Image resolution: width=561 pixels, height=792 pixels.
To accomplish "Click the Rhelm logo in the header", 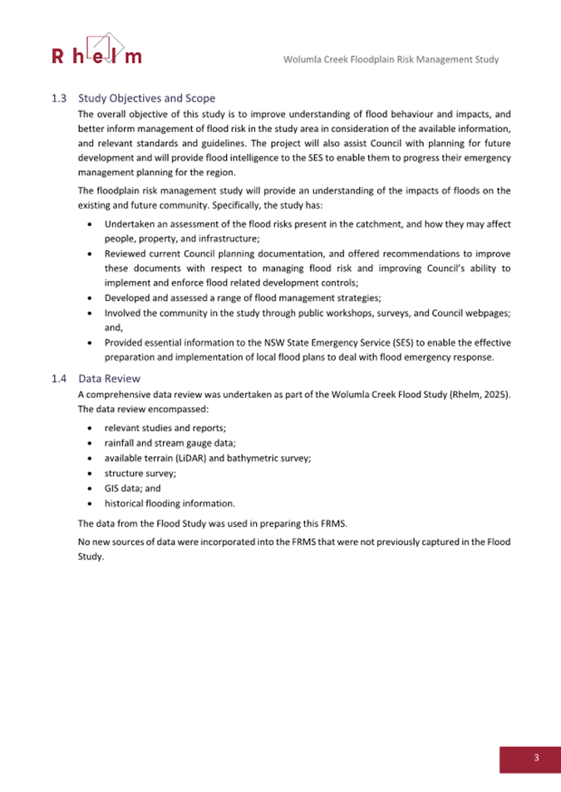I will [96, 50].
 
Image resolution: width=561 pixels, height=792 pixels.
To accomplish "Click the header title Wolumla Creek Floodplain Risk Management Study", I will [391, 60].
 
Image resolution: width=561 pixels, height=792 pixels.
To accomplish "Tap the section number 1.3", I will [58, 98].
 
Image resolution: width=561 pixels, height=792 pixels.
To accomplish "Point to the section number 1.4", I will [58, 378].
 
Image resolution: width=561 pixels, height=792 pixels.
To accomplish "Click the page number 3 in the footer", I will [536, 757].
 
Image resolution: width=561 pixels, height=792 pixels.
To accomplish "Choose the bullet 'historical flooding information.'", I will [170, 504].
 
